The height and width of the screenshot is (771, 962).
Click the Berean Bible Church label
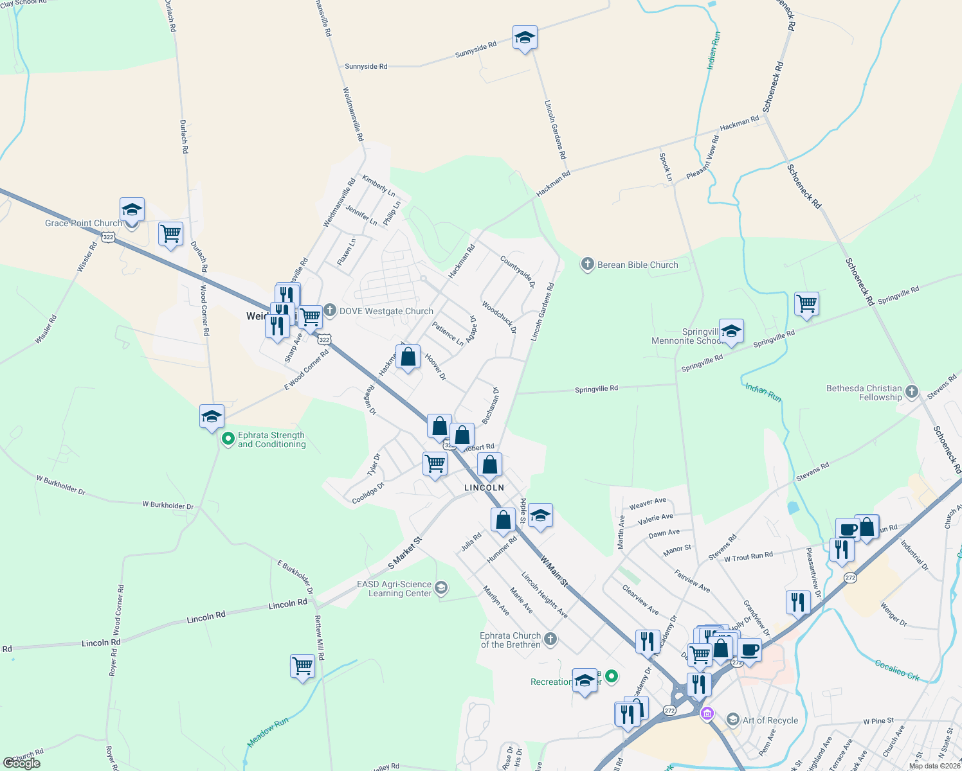(x=637, y=265)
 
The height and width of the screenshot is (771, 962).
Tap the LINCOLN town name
(x=484, y=488)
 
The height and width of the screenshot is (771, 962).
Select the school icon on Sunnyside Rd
(x=525, y=39)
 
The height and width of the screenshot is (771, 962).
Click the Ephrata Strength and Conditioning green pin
(x=228, y=439)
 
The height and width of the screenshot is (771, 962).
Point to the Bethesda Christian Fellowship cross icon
(x=911, y=392)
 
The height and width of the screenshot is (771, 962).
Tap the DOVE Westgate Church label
(x=386, y=311)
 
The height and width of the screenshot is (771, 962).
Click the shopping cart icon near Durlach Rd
(x=170, y=235)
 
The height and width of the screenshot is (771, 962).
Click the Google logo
(x=22, y=763)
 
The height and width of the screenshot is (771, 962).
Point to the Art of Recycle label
(x=770, y=720)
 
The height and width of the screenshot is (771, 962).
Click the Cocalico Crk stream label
(x=897, y=669)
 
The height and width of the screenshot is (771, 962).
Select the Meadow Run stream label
(x=268, y=732)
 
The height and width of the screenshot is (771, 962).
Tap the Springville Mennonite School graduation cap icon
(x=731, y=331)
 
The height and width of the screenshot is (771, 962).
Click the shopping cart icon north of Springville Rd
(x=806, y=303)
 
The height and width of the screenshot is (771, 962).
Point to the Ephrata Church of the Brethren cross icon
(x=550, y=639)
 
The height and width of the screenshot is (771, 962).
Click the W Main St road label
(x=554, y=571)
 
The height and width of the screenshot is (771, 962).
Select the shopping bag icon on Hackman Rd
(x=408, y=357)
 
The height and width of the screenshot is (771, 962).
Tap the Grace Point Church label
(x=83, y=223)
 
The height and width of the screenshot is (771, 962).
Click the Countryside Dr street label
(x=518, y=271)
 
